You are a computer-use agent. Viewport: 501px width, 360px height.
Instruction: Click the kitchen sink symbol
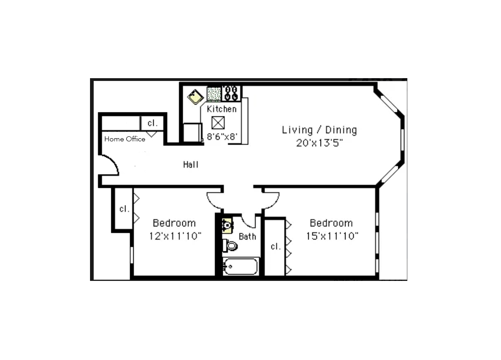coord(195,96)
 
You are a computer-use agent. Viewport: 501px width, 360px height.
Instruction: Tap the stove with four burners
coord(231,94)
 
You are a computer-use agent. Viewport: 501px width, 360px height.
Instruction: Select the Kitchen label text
coord(221,109)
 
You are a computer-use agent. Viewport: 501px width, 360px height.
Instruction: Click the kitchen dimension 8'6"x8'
coord(222,136)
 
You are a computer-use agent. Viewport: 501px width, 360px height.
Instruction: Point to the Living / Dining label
coord(319,130)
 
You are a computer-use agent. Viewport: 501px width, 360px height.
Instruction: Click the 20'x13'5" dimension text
coord(319,143)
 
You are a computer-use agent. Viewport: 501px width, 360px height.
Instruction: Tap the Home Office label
coord(125,139)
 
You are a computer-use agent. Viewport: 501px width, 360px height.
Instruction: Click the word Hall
coord(191,165)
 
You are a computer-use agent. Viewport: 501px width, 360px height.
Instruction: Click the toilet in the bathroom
coord(230,246)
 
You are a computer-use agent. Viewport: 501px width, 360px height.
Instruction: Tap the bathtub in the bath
coord(241,266)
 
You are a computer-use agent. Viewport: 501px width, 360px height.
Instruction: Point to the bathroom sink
coord(227,225)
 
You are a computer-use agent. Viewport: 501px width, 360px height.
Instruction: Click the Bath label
coord(247,236)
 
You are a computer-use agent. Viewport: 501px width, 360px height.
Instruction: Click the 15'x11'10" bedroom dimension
coord(331,236)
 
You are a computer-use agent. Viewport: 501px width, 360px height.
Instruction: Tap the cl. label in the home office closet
coord(152,123)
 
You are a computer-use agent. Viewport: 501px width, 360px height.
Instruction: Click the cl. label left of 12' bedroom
coord(125,209)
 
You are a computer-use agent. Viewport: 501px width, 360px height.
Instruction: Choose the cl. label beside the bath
coord(276,246)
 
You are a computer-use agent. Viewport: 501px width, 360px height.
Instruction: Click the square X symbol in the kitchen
coord(218,122)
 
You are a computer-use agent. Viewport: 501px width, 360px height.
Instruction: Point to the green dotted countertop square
coord(214,94)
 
